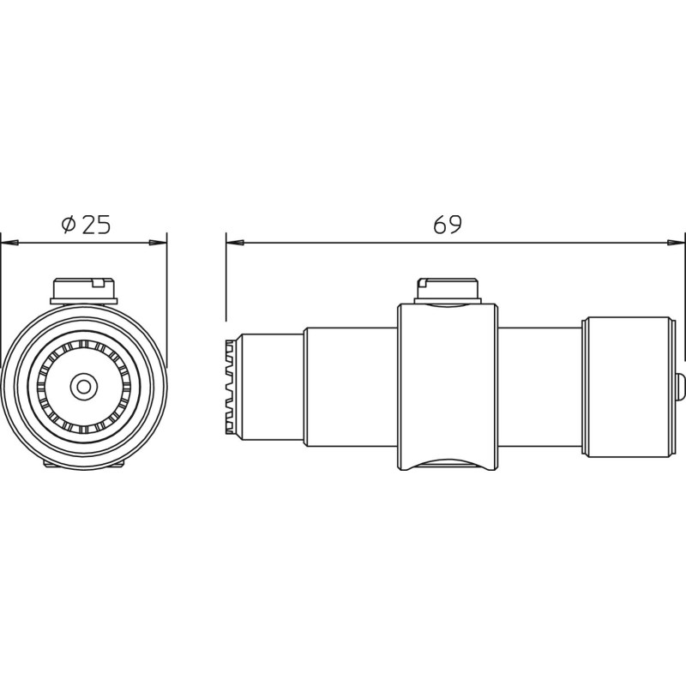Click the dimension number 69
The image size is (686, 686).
tap(447, 225)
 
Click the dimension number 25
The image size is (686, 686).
tap(96, 225)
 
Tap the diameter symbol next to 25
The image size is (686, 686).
tap(69, 225)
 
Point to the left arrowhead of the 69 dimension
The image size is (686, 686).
tap(235, 243)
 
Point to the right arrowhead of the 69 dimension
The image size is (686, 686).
tap(676, 243)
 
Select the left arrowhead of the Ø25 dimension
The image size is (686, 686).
tap(9, 243)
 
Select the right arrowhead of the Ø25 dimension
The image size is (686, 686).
tap(158, 243)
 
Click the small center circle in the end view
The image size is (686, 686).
tap(83, 387)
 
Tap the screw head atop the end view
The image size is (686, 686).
tap(84, 291)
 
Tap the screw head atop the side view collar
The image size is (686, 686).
tap(448, 291)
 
